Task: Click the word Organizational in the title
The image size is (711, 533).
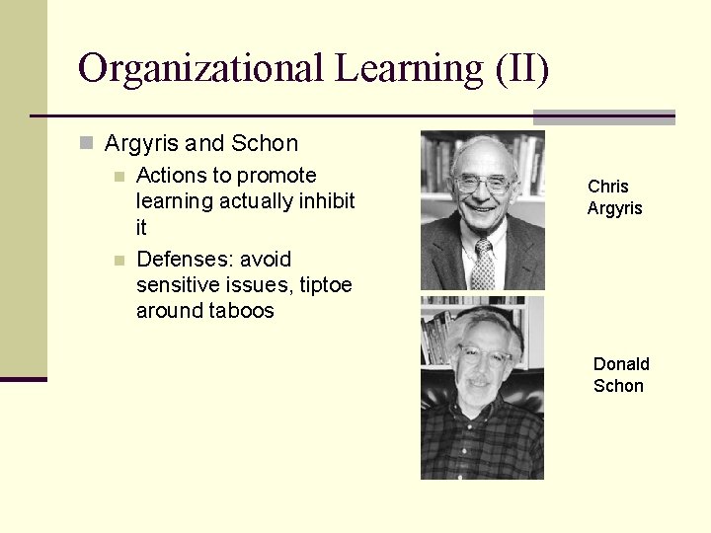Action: pos(200,69)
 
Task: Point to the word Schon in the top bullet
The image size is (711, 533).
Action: pos(265,144)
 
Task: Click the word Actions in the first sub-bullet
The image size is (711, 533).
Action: pos(170,176)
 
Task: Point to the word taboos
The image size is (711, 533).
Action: pos(241,311)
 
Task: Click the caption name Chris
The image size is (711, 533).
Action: pos(608,186)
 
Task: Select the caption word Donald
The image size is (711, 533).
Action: pos(621,364)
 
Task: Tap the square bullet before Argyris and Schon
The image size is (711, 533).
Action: pos(87,144)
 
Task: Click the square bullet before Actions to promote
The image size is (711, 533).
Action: pos(118,177)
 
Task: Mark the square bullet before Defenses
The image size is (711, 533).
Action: pos(118,261)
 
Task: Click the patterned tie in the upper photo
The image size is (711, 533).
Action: pos(483,265)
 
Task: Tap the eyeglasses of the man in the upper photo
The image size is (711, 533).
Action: pos(483,184)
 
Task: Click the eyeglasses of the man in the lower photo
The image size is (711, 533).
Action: pos(481,356)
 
